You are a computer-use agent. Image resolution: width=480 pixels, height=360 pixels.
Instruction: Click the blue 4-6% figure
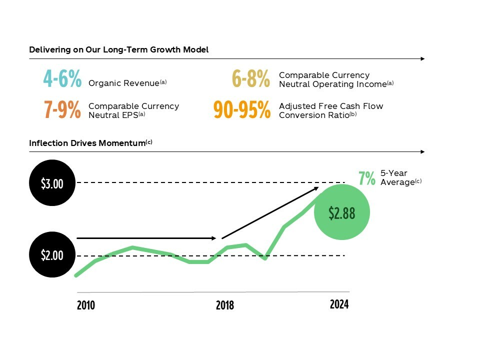tap(62, 79)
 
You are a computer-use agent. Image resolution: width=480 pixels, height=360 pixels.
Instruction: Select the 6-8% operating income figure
tap(251, 79)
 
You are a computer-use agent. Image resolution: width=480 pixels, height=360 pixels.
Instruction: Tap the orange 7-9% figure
tap(62, 110)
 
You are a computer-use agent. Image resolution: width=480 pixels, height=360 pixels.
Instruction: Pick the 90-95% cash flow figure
tap(242, 110)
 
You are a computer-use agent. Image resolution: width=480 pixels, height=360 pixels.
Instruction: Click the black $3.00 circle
tap(52, 183)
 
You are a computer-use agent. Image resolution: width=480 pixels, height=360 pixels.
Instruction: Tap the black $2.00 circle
tap(52, 255)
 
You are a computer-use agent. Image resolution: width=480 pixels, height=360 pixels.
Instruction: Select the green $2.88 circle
tap(341, 212)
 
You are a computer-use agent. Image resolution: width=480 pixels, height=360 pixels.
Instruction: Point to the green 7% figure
tap(366, 178)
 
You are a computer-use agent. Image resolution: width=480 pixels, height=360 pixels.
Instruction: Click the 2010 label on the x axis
tap(86, 305)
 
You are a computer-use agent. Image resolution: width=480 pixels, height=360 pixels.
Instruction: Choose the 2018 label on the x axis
tap(224, 305)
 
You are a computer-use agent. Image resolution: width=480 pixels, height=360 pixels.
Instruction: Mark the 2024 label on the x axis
tap(339, 304)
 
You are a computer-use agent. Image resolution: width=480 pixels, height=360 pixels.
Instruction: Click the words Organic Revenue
tap(124, 83)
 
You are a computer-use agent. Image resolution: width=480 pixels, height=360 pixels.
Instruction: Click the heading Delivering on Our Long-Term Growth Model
tap(118, 49)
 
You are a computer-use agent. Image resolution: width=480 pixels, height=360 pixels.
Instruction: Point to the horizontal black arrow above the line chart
tap(146, 238)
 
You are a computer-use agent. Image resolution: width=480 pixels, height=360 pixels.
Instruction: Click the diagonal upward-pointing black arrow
tap(270, 212)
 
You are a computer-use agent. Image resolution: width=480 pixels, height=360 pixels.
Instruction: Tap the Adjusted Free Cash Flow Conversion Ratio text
tap(330, 110)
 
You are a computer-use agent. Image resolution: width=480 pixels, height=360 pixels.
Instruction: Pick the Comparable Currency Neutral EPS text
tap(133, 110)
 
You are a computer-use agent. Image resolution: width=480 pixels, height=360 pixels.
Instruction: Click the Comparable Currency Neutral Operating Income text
tap(332, 79)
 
